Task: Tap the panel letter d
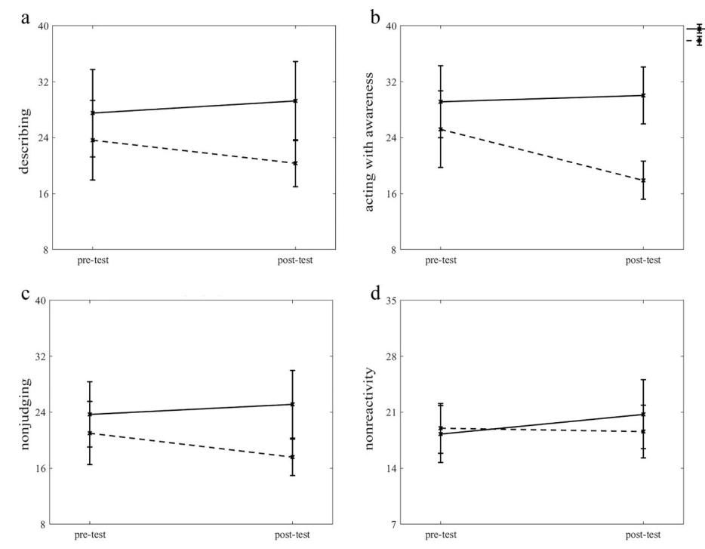click(374, 293)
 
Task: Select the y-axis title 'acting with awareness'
click(371, 137)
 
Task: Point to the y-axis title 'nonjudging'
click(24, 412)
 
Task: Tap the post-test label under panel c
click(294, 535)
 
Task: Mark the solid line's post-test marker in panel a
click(294, 100)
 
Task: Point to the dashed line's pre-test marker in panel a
click(92, 140)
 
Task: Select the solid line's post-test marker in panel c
click(294, 404)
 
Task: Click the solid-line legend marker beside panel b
click(699, 29)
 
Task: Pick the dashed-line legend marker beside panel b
click(699, 40)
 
